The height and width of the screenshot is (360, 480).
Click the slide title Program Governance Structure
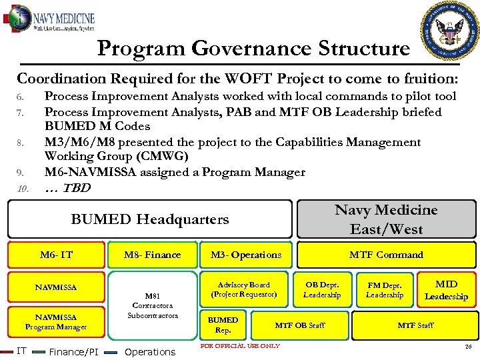253,48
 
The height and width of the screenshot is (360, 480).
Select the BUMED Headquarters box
150,219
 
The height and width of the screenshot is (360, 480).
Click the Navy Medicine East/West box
386,219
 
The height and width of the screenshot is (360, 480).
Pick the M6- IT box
57,255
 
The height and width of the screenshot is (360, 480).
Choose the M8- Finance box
153,255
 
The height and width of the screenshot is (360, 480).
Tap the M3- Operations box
246,255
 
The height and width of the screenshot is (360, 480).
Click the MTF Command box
386,255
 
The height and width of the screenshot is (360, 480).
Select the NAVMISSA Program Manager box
56,322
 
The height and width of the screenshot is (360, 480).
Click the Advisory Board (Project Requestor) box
244,289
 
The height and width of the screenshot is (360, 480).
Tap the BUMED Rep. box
223,325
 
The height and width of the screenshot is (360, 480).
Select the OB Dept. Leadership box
322,290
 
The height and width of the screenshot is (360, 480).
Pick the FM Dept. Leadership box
385,290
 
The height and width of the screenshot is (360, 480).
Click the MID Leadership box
446,290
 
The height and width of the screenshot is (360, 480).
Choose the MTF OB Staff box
300,325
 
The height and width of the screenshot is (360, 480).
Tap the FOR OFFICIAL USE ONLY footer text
240,346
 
